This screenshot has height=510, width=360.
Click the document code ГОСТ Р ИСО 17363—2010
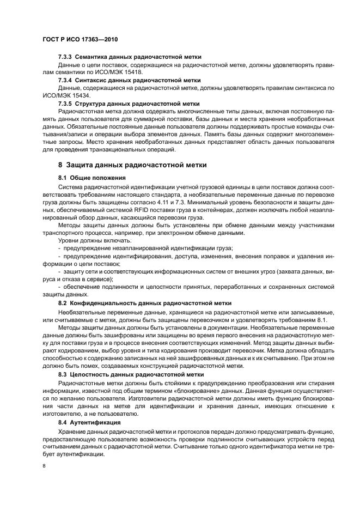coord(80,40)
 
